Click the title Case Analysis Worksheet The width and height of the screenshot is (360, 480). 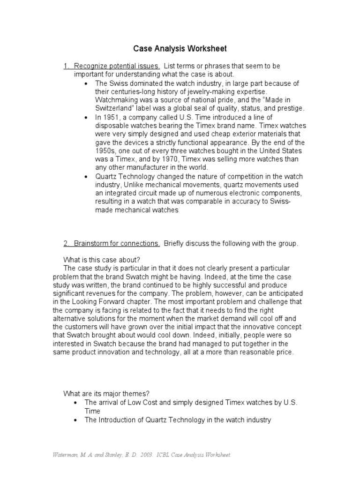pyautogui.click(x=180, y=48)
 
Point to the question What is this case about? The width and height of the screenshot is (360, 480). pyautogui.click(x=102, y=260)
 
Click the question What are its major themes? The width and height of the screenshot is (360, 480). pyautogui.click(x=106, y=393)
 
